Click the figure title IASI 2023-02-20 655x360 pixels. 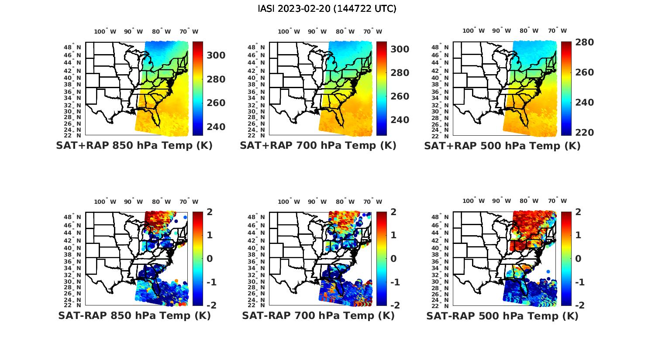(327, 9)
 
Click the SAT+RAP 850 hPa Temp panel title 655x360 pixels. (134, 146)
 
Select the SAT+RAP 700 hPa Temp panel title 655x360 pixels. (318, 146)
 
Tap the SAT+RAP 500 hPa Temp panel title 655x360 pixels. (502, 146)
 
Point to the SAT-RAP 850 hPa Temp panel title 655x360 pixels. (134, 315)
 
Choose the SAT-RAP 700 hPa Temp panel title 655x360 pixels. (318, 315)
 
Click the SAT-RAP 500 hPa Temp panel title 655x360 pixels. (502, 315)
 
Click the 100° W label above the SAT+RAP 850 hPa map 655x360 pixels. (105, 31)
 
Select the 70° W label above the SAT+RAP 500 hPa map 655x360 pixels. (557, 31)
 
